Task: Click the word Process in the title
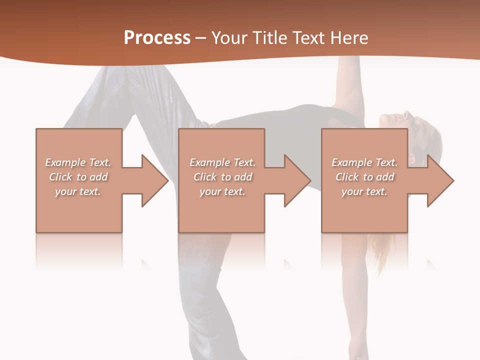157,38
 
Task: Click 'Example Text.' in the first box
78,162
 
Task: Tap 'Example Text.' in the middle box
222,162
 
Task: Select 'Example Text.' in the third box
364,162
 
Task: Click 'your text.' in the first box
78,191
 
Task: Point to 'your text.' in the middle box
222,191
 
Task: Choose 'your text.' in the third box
364,191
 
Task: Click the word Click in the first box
60,177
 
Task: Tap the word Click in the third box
347,177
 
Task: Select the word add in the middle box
243,177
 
